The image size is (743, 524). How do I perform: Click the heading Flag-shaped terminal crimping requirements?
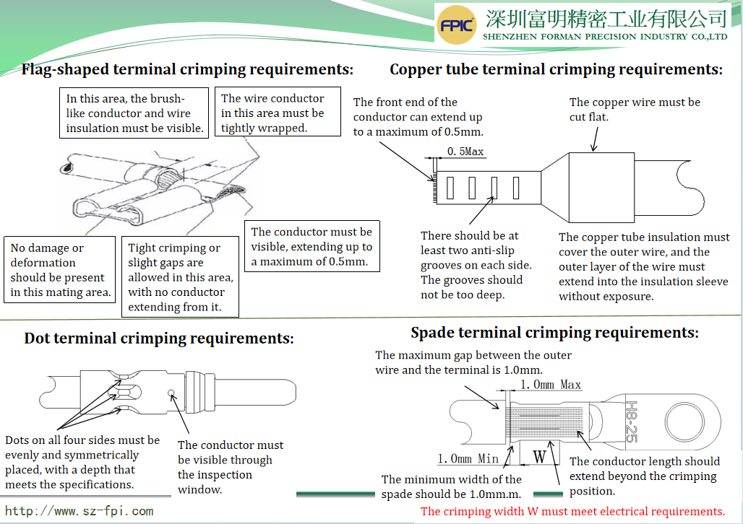[187, 70]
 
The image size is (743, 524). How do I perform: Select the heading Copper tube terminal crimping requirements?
[556, 70]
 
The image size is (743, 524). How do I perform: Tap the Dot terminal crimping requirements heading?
[159, 339]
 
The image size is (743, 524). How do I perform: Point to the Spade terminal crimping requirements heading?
[554, 333]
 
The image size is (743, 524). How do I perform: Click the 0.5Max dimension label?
[465, 152]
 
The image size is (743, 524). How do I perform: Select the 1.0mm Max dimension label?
[551, 385]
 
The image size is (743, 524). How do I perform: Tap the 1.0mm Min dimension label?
[468, 459]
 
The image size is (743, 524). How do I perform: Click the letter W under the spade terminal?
[539, 457]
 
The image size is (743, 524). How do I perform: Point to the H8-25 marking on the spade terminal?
[630, 422]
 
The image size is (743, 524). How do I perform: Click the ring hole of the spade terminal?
[684, 421]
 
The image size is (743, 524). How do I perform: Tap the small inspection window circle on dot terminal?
[171, 394]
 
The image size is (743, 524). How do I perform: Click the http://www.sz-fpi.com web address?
[80, 511]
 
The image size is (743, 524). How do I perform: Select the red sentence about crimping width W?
[572, 511]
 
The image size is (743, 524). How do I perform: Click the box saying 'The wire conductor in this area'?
[278, 113]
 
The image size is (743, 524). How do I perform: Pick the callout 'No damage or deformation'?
[60, 270]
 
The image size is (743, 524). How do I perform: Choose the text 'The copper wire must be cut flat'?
[635, 109]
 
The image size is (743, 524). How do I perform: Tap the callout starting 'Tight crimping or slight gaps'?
[183, 277]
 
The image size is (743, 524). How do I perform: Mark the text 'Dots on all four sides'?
[82, 462]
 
